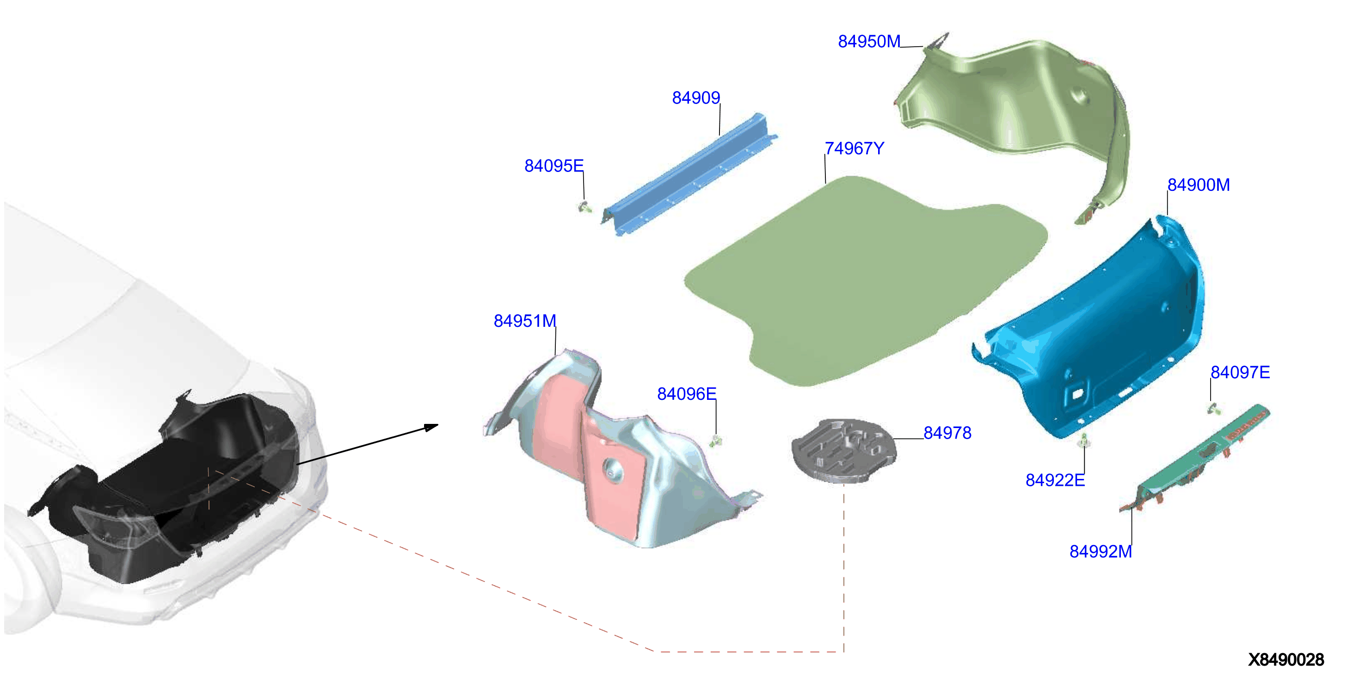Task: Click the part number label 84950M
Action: click(869, 41)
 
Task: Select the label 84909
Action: click(696, 98)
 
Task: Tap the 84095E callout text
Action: click(553, 165)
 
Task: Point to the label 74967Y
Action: click(854, 148)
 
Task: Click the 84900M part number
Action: click(1198, 184)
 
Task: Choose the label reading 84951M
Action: click(524, 321)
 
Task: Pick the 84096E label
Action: click(686, 393)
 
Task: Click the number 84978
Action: click(947, 432)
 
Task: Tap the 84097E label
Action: click(1240, 372)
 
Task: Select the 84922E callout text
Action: click(1055, 480)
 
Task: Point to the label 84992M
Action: click(1101, 551)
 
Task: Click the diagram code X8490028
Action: click(1285, 660)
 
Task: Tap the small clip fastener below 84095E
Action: click(584, 206)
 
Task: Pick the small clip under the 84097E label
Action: click(1213, 408)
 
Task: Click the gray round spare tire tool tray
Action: click(842, 450)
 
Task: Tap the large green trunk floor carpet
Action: click(865, 280)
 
